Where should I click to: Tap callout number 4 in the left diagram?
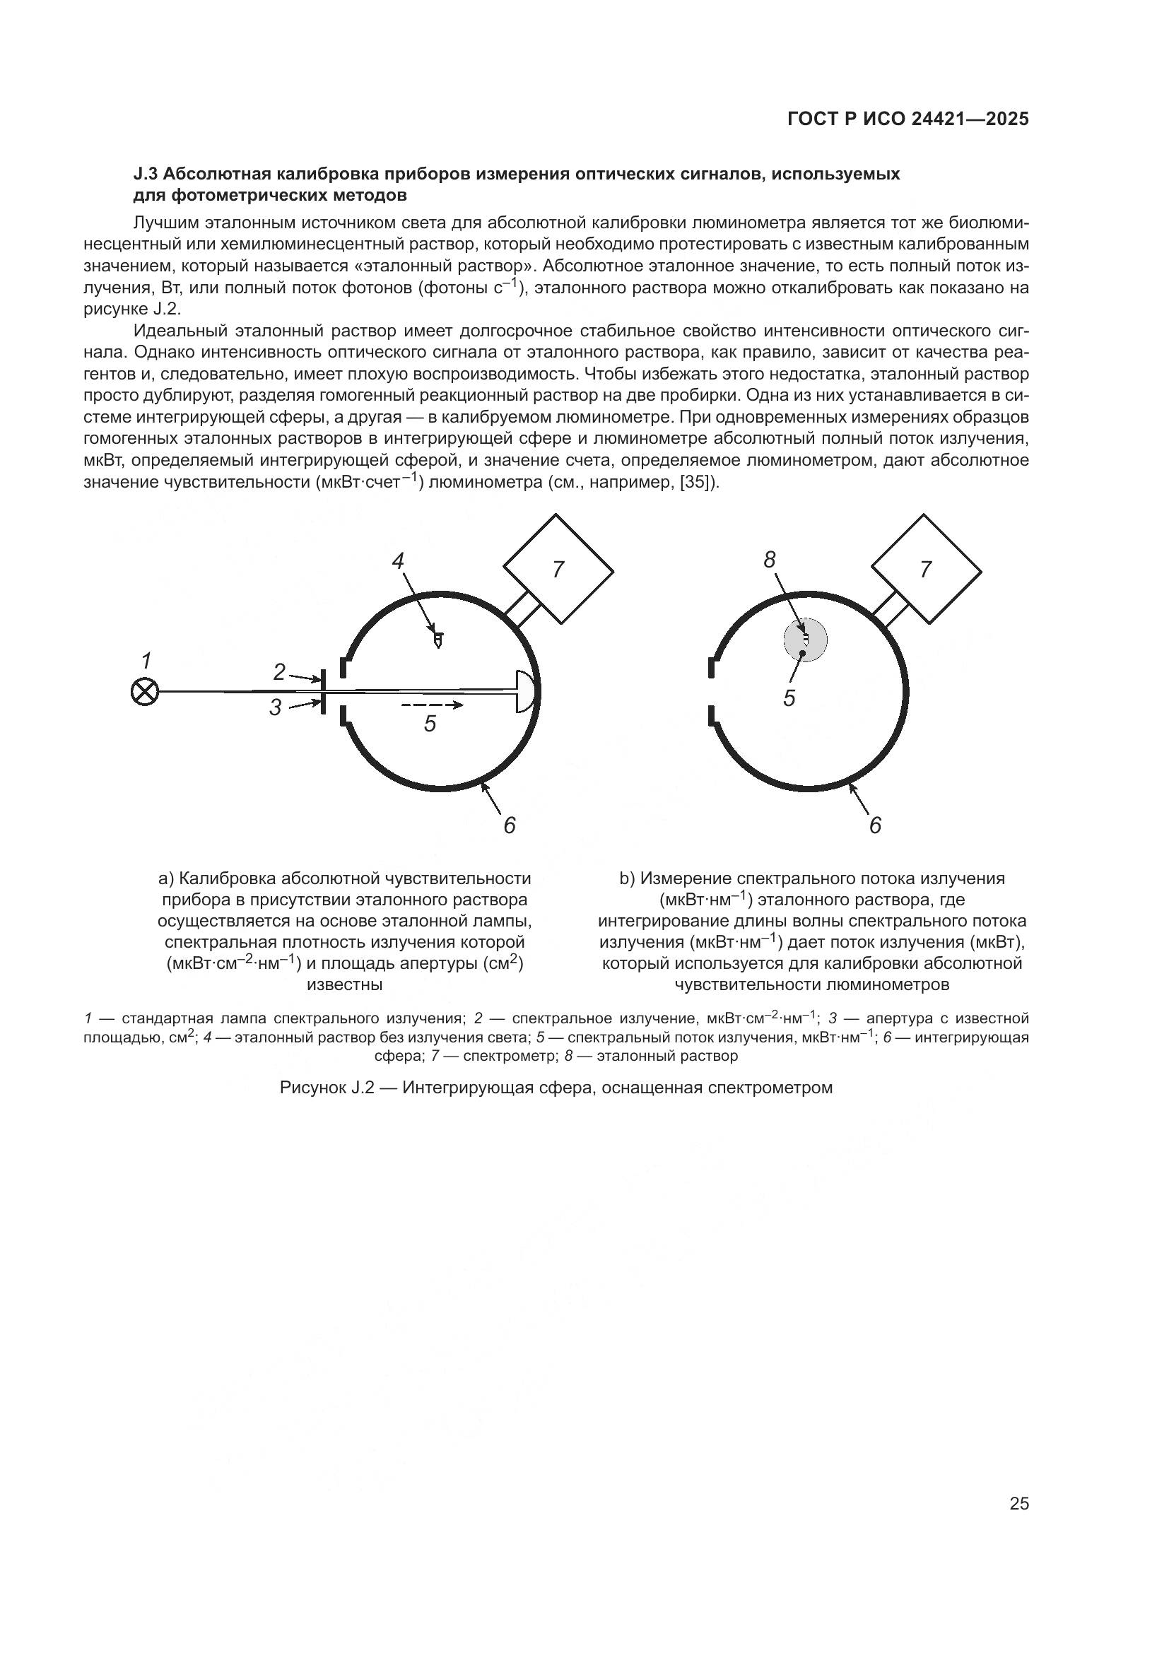pyautogui.click(x=398, y=561)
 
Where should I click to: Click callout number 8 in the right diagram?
pyautogui.click(x=770, y=560)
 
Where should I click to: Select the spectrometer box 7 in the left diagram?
pyautogui.click(x=558, y=570)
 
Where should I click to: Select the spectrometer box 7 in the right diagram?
pyautogui.click(x=927, y=570)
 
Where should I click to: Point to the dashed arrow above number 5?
pyautogui.click(x=432, y=705)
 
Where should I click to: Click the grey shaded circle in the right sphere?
pyautogui.click(x=806, y=640)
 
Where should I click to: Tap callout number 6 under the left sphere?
pyautogui.click(x=510, y=825)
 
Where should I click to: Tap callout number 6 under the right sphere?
pyautogui.click(x=875, y=825)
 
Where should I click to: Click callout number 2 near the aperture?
pyautogui.click(x=279, y=672)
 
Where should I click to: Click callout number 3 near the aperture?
pyautogui.click(x=276, y=707)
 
